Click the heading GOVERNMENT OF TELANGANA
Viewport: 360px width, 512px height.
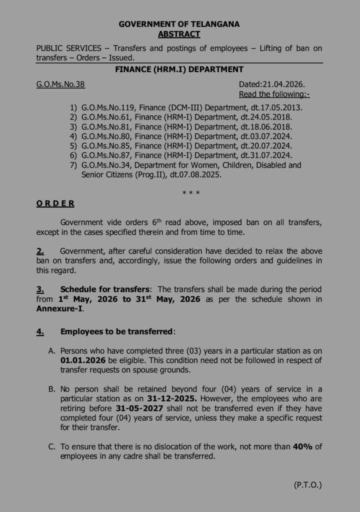pos(179,24)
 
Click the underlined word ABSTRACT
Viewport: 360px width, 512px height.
pos(179,34)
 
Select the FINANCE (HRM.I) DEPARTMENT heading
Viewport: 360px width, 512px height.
pos(179,69)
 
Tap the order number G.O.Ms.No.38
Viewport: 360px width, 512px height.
pos(60,84)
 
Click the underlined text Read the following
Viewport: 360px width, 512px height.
pos(274,94)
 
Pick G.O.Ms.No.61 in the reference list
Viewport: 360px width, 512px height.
pos(105,117)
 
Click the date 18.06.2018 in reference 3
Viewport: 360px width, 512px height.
pos(273,126)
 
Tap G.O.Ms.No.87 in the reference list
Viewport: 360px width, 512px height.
pos(105,155)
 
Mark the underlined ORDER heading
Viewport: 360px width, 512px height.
pos(55,203)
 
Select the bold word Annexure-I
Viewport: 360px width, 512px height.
pos(59,308)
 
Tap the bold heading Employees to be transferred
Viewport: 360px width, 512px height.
pos(116,331)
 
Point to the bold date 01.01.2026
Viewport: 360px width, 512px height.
pos(81,360)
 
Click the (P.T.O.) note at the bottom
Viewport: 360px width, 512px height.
pos(307,484)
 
